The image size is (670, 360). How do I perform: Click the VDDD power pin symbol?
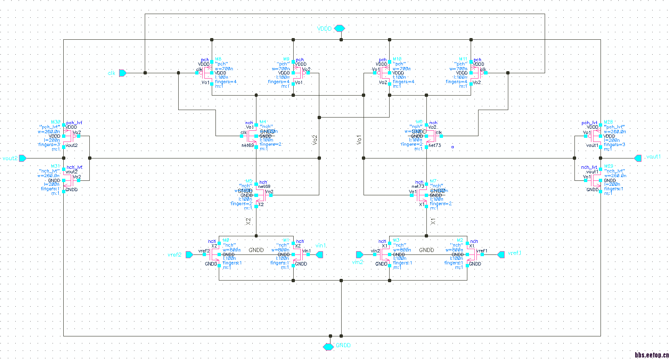[340, 29]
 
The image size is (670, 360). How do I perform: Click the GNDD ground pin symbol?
[328, 346]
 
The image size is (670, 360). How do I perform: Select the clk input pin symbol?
[123, 73]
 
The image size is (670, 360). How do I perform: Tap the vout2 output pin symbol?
[23, 158]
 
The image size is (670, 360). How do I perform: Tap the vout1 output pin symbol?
[638, 158]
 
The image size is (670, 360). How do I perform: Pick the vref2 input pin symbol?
[189, 254]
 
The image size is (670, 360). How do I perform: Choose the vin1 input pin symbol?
[319, 254]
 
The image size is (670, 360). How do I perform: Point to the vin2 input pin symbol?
[359, 254]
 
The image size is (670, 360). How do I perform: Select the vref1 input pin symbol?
[501, 254]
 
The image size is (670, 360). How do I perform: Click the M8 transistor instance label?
[218, 59]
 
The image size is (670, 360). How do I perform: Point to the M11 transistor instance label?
[463, 59]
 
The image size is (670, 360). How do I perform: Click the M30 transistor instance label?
[55, 122]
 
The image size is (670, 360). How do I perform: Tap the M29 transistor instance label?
[608, 166]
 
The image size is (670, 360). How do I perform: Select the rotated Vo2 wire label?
[315, 140]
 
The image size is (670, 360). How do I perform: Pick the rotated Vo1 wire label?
[359, 140]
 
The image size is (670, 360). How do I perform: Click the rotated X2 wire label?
[248, 221]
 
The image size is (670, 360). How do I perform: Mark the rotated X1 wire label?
[433, 221]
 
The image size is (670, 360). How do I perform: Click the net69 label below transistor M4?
[248, 145]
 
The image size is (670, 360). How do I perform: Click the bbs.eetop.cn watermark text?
[652, 355]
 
